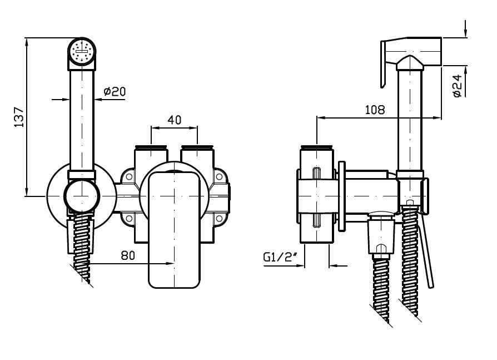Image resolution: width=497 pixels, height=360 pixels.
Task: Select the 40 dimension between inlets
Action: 174,120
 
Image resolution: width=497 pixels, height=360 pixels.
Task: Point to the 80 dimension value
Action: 128,255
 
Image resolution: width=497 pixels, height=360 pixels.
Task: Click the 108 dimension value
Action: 375,110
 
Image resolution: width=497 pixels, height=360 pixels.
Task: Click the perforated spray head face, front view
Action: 82,52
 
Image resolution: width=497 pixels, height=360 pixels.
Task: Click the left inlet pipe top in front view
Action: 151,148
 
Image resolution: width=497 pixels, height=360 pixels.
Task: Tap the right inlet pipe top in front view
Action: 197,148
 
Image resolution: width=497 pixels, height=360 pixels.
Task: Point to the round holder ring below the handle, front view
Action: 82,195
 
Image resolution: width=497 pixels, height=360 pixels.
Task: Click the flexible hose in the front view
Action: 82,245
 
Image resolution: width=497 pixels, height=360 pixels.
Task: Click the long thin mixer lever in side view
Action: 427,250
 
